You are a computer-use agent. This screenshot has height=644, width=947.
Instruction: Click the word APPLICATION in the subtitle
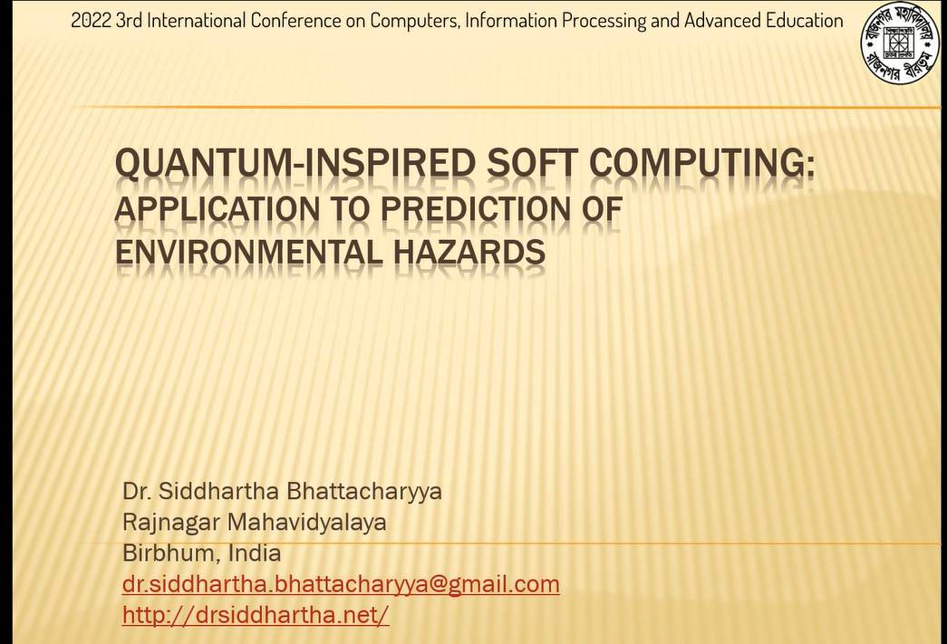click(217, 209)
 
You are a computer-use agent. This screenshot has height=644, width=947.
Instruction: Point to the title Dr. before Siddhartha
click(137, 492)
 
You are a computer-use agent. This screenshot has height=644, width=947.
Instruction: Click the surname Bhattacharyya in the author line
click(362, 492)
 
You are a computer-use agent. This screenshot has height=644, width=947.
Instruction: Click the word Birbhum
click(169, 553)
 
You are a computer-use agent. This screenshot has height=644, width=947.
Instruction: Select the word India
click(255, 553)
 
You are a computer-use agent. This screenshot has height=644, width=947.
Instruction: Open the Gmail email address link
click(341, 584)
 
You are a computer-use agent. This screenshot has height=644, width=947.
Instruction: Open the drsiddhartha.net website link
click(256, 615)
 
